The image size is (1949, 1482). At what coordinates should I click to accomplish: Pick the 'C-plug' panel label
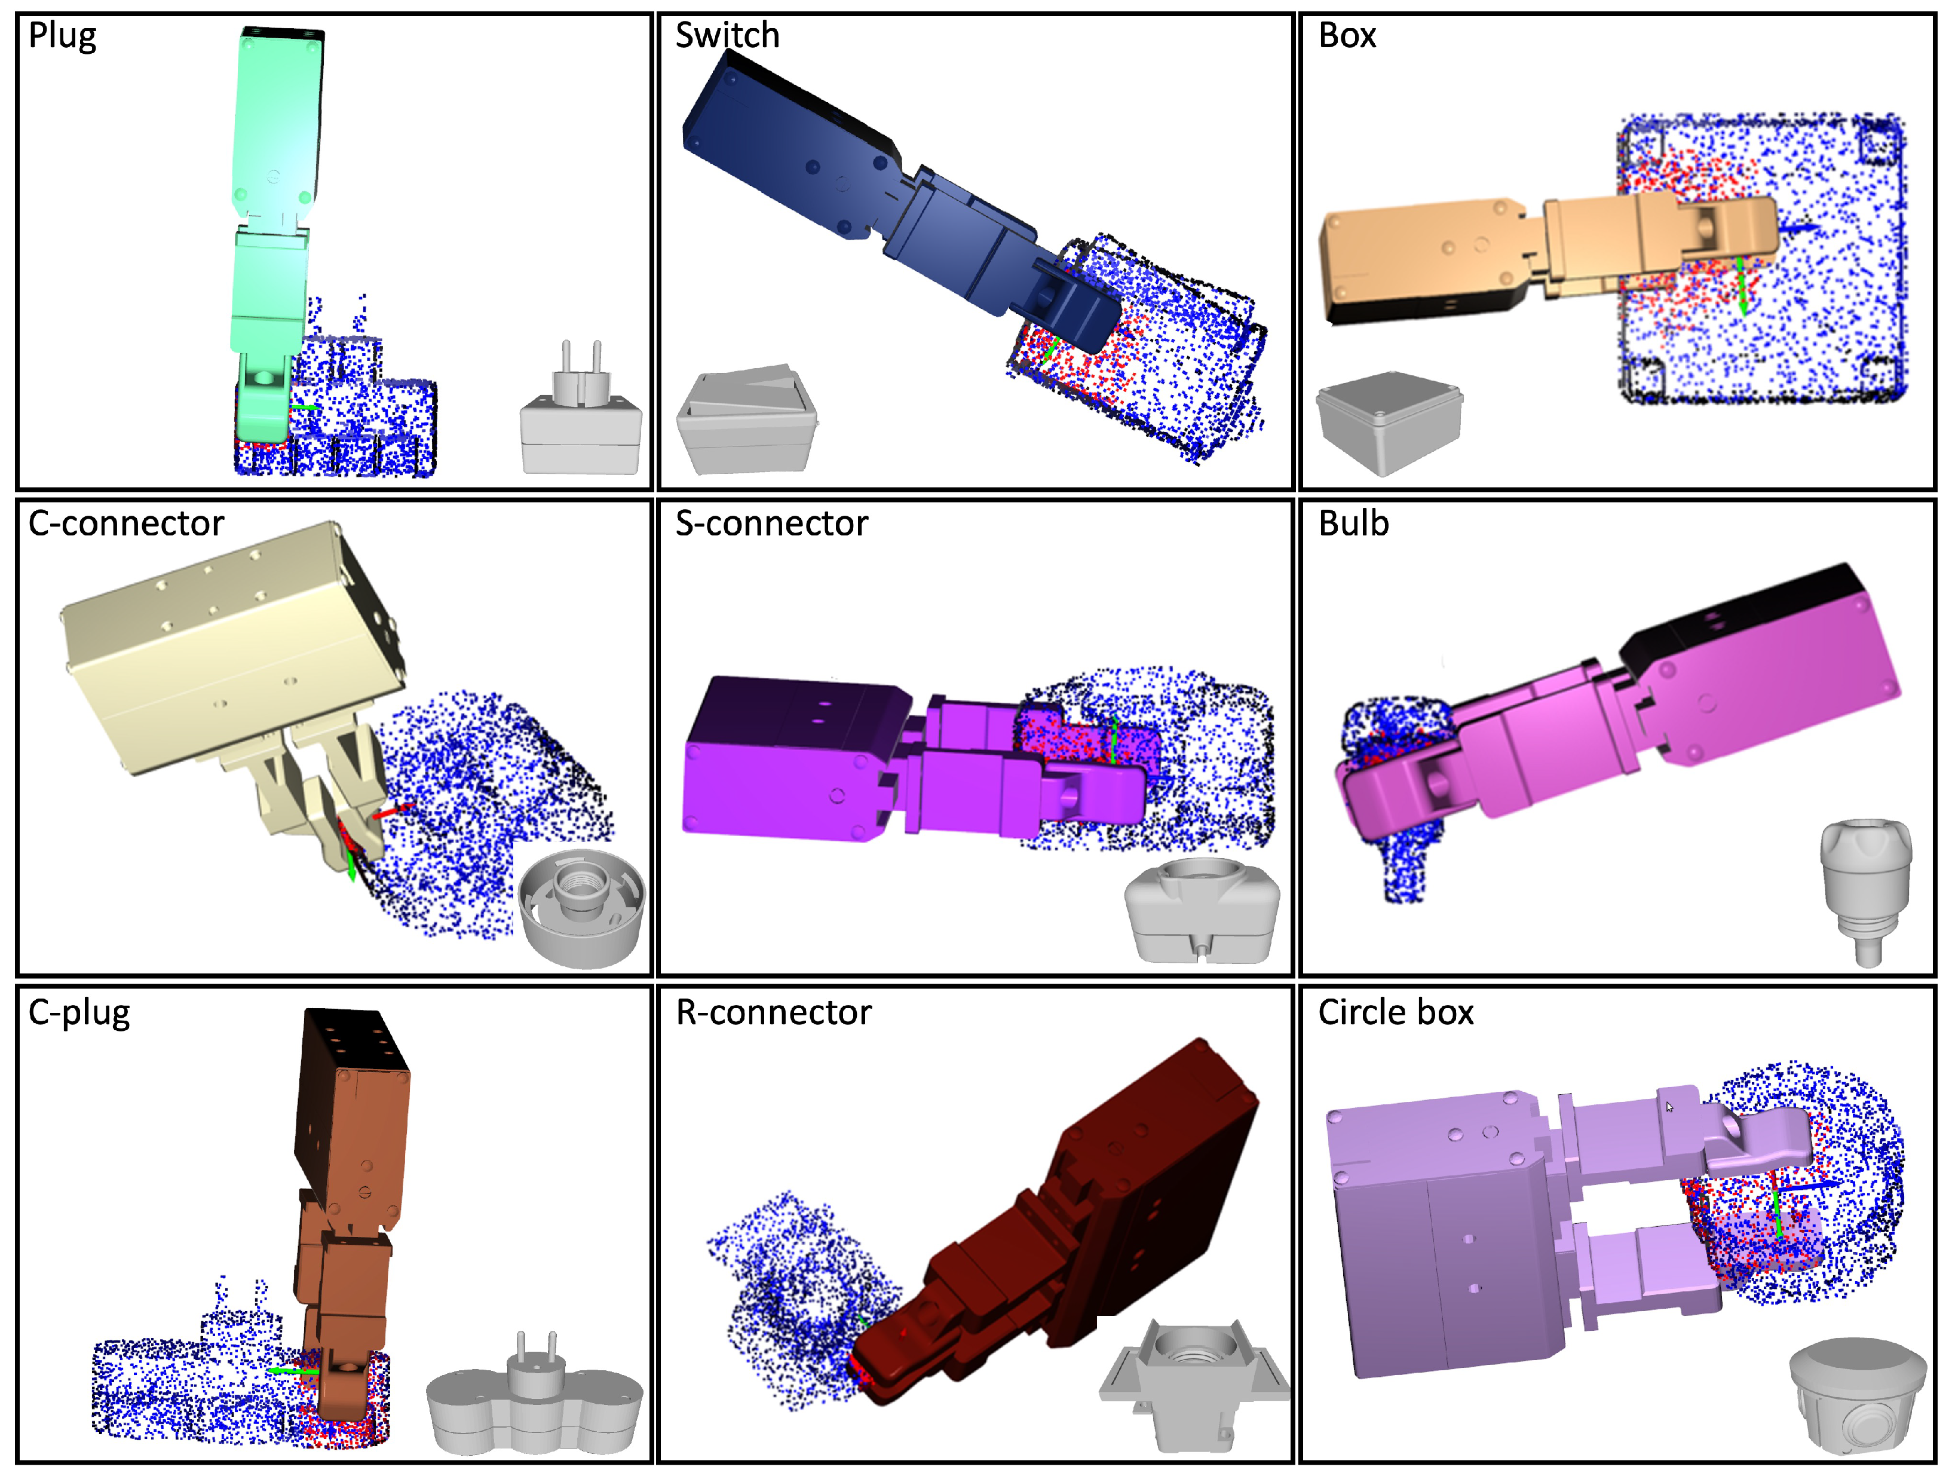point(79,1013)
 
